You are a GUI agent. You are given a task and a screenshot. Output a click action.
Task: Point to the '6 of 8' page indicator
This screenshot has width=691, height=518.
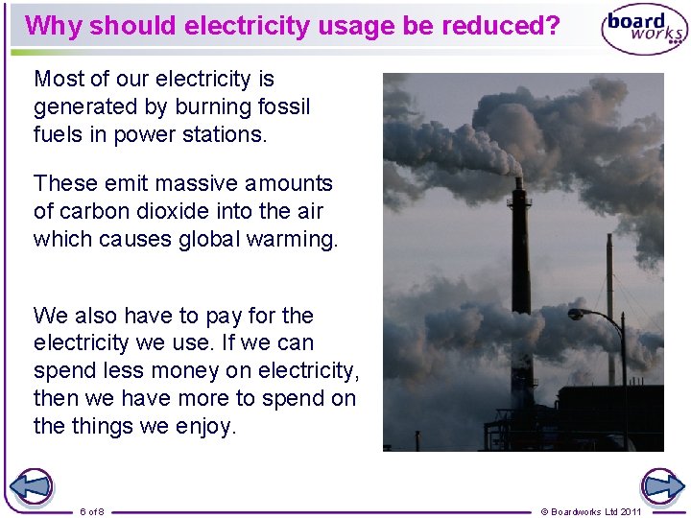[92, 511]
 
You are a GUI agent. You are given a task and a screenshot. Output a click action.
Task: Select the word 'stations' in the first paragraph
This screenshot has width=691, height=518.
[226, 134]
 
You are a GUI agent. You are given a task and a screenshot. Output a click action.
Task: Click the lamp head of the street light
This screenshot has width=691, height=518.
[576, 314]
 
